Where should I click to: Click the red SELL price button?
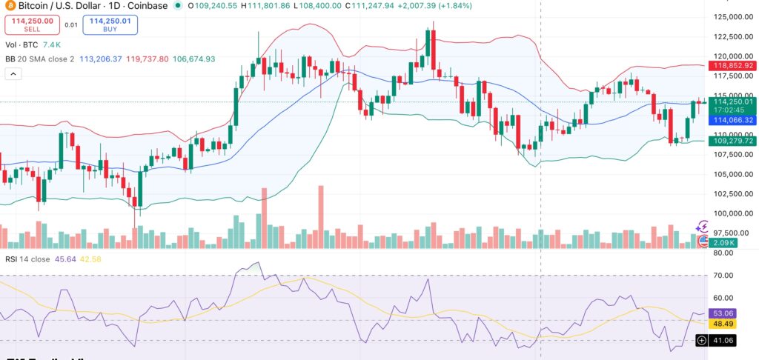tap(33, 24)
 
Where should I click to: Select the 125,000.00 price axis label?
tap(729, 17)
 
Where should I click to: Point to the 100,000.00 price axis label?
tap(729, 213)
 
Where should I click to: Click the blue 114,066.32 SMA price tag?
tap(729, 120)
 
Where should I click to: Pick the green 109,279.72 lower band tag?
tap(729, 141)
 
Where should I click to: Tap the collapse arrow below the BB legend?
tap(13, 74)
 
